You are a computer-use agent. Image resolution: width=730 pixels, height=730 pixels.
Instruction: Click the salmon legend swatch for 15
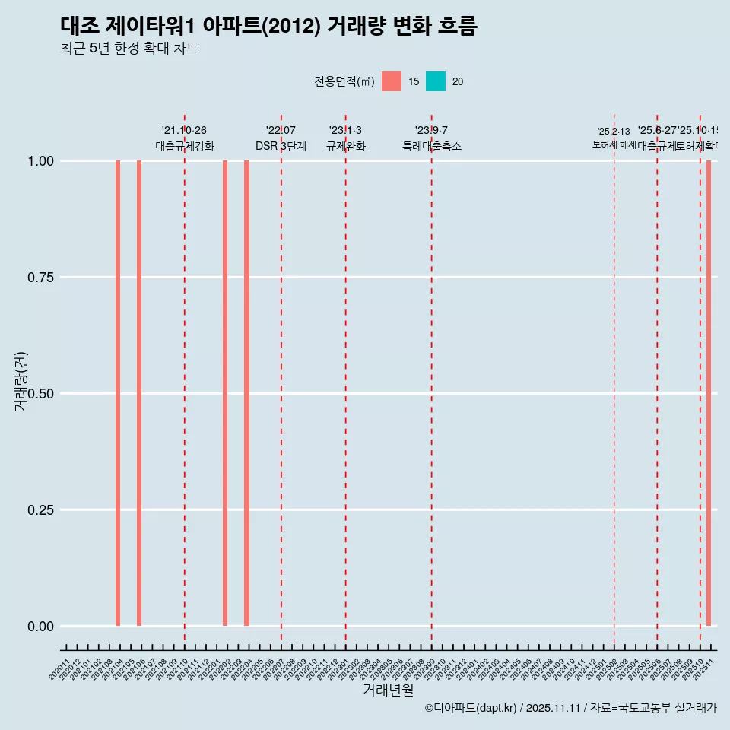pyautogui.click(x=392, y=81)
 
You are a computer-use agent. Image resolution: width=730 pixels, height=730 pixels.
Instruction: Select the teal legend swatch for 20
pyautogui.click(x=436, y=81)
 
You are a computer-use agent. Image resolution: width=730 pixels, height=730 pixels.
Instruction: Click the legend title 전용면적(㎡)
pyautogui.click(x=344, y=81)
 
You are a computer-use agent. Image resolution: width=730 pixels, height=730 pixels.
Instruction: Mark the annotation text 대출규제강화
pyautogui.click(x=185, y=146)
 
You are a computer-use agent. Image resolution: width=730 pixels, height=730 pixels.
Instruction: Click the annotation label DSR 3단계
pyautogui.click(x=281, y=146)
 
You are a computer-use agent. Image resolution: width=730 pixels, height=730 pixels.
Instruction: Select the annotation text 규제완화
pyautogui.click(x=346, y=146)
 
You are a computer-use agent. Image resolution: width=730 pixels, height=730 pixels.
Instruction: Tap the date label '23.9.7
pyautogui.click(x=431, y=130)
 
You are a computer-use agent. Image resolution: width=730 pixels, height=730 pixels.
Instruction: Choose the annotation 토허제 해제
pyautogui.click(x=614, y=144)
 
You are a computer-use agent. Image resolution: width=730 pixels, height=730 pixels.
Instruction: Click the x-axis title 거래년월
pyautogui.click(x=388, y=690)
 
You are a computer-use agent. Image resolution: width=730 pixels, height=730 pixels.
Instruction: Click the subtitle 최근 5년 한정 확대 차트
pyautogui.click(x=129, y=49)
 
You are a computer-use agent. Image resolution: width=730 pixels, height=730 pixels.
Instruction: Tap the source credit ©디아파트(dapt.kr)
pyautogui.click(x=470, y=708)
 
